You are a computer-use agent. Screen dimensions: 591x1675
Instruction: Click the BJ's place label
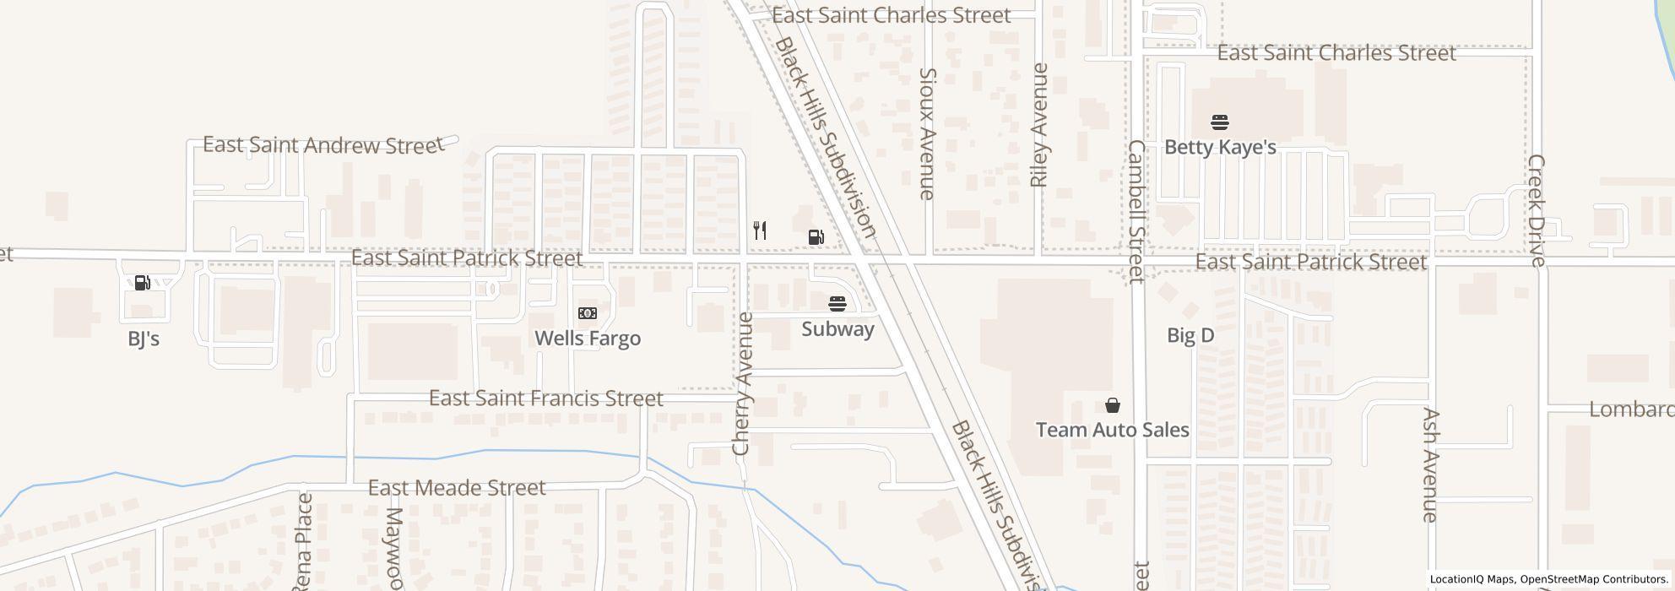(144, 339)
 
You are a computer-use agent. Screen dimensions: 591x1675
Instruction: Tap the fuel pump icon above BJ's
(143, 282)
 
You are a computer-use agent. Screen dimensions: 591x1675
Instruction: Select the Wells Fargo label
(588, 339)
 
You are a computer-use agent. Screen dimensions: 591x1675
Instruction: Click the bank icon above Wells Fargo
(588, 313)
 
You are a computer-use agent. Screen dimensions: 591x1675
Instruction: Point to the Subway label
(837, 328)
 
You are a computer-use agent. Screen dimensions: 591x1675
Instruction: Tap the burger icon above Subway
(837, 303)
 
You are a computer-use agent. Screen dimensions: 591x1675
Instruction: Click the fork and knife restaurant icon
(760, 230)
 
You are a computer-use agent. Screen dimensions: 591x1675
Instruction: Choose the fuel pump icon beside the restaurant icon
(816, 237)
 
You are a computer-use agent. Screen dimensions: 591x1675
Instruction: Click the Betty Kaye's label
(1220, 147)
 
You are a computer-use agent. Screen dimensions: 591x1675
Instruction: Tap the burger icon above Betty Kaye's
(1220, 122)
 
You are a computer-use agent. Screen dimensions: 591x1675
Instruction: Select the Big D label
(1190, 335)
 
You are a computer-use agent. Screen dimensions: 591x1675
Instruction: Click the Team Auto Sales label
(1113, 430)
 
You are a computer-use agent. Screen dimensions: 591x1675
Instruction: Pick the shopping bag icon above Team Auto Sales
(1113, 405)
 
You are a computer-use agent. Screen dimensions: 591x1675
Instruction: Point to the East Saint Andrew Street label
(323, 145)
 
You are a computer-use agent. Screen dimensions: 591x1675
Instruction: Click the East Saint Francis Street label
(546, 398)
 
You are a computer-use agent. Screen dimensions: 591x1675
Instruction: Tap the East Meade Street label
(457, 488)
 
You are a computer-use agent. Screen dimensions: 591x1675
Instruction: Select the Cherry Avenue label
(742, 384)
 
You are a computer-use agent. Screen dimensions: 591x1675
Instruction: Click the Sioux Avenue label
(927, 133)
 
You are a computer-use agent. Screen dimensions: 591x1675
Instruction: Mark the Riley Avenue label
(1038, 125)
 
